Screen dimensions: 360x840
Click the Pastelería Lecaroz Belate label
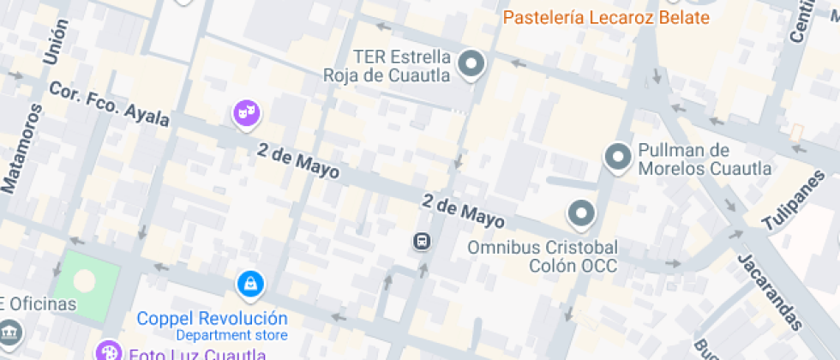coord(606,18)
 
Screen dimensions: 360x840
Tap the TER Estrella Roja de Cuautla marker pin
coord(471,63)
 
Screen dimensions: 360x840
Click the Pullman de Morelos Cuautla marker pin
coord(618,158)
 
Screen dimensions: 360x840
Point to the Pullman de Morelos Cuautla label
coord(704,159)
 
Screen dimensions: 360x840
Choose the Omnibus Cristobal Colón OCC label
coord(542,256)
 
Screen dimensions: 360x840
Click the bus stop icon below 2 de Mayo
coord(422,242)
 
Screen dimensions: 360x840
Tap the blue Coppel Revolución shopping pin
coord(249,284)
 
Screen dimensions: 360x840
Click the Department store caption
coord(231,335)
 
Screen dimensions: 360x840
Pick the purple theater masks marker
coord(246,112)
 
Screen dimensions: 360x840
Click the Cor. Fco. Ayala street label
coord(109,105)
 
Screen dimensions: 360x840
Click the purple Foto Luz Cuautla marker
coord(109,351)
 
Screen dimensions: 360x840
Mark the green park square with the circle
coord(85,281)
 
